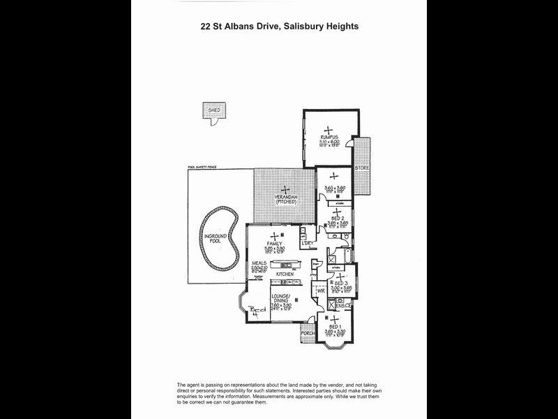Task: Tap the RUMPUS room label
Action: [x=329, y=136]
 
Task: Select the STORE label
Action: [x=362, y=168]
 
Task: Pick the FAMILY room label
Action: [x=274, y=244]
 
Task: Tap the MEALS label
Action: [x=260, y=264]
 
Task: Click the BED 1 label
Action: [x=334, y=327]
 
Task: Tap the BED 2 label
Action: [x=337, y=218]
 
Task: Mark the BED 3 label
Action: [x=341, y=282]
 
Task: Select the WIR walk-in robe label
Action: [x=321, y=289]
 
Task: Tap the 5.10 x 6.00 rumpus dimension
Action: [x=329, y=142]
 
